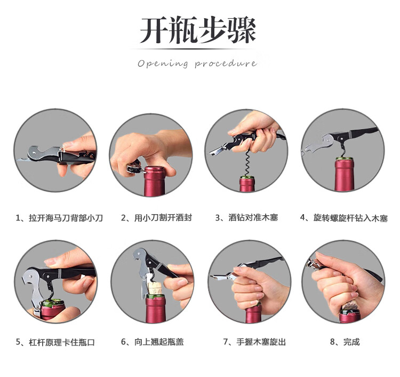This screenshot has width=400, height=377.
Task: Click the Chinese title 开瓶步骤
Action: (x=198, y=30)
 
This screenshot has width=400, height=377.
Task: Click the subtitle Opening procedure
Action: (x=197, y=64)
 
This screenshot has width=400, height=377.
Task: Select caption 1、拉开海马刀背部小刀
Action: (x=59, y=218)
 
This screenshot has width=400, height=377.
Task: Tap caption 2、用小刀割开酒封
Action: (x=156, y=218)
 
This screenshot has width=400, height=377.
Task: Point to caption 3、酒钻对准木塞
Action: (x=246, y=218)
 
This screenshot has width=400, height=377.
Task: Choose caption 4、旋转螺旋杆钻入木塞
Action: (x=344, y=218)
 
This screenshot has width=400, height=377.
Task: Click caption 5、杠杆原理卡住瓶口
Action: (x=55, y=342)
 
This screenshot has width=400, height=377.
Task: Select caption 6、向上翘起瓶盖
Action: (x=153, y=342)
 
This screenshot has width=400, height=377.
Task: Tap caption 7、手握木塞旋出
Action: (x=254, y=342)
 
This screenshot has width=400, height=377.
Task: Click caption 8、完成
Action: (x=345, y=342)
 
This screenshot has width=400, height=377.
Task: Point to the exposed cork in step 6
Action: (x=155, y=288)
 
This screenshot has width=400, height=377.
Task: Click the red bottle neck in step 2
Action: (x=154, y=182)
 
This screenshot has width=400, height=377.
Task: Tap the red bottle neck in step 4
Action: (x=344, y=175)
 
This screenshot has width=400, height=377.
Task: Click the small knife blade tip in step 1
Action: (x=17, y=160)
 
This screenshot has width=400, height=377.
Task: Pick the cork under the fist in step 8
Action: (x=349, y=306)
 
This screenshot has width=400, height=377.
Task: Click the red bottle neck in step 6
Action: (x=156, y=310)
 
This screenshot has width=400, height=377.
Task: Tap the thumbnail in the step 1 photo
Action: (x=67, y=145)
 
